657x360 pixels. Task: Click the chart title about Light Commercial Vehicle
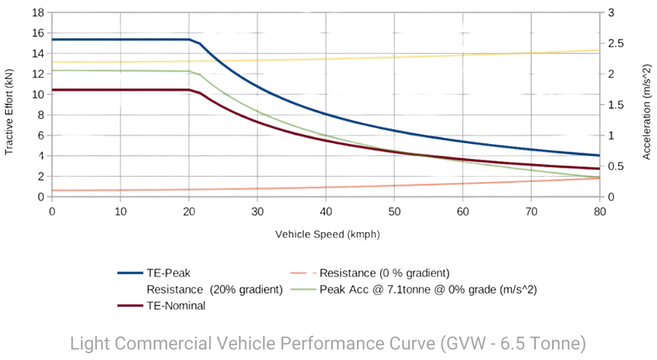328,343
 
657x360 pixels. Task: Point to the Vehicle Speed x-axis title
327,235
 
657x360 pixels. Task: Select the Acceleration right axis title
648,105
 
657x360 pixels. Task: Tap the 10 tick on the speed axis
121,211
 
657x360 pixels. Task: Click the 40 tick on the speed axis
326,211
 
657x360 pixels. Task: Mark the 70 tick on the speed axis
531,211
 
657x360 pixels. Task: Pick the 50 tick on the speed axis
394,211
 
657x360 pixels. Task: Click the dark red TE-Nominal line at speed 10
121,90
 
